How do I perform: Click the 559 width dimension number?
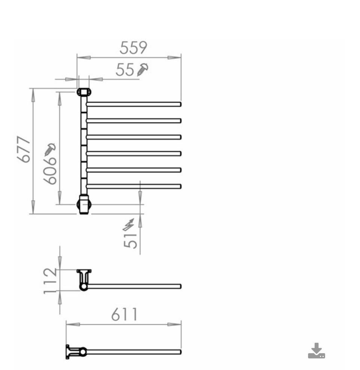click(x=133, y=48)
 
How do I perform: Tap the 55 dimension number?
click(x=125, y=70)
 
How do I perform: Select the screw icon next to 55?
click(x=142, y=69)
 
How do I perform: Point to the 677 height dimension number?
click(x=24, y=149)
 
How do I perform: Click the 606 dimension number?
click(x=50, y=170)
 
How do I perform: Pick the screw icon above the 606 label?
click(x=50, y=149)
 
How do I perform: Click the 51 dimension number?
click(x=130, y=241)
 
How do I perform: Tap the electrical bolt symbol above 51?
click(x=129, y=224)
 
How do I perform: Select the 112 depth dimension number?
click(x=50, y=281)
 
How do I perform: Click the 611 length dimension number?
click(x=124, y=314)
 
